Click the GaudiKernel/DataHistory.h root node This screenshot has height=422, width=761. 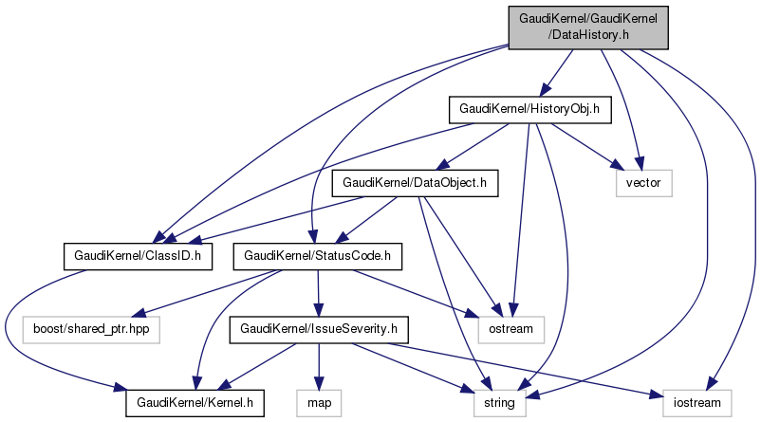(588, 27)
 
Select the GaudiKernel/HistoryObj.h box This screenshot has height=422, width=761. (529, 110)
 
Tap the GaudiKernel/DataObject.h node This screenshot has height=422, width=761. (414, 182)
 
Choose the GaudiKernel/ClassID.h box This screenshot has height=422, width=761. (137, 255)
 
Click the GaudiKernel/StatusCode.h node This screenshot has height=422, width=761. (318, 255)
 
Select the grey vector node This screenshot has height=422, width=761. (643, 182)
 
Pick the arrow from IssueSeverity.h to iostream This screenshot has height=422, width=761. (531, 371)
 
